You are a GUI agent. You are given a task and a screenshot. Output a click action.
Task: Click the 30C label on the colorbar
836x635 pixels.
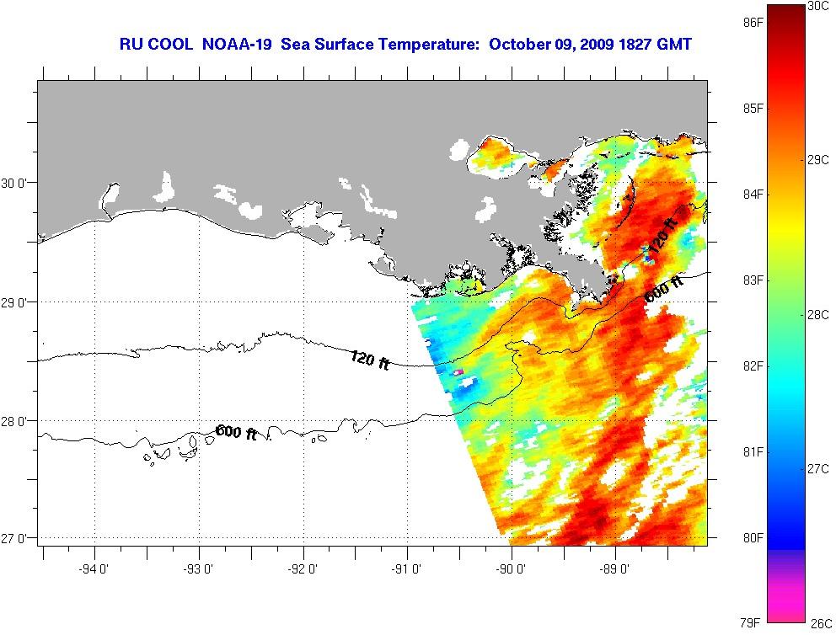click(817, 6)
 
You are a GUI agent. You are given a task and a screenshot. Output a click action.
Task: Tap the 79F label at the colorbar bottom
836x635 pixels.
click(753, 623)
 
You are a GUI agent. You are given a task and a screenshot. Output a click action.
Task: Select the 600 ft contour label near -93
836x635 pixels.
click(237, 432)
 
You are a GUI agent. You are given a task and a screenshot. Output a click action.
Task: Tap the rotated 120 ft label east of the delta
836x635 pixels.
click(662, 235)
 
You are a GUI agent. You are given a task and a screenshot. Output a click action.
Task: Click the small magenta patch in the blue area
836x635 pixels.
click(459, 371)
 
